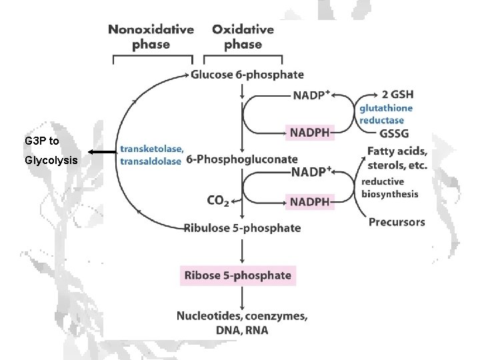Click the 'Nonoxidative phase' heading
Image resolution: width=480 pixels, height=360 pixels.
coord(151,37)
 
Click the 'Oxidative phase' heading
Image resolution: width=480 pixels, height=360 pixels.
coord(243,37)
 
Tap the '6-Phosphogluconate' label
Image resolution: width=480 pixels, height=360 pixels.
coord(242,159)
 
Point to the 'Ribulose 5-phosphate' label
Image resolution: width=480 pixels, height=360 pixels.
coord(243,228)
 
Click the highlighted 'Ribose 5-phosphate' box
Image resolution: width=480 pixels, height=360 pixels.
coord(237,275)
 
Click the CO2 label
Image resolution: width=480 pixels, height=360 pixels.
coord(219,199)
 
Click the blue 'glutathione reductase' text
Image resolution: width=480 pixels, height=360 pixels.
coord(386,114)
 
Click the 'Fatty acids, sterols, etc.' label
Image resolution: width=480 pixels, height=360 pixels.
coord(397,159)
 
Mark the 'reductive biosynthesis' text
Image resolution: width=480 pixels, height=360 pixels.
coord(390,188)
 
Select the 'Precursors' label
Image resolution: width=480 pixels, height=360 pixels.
coord(397,222)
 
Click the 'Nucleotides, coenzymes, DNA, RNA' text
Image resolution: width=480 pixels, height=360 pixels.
coord(242,323)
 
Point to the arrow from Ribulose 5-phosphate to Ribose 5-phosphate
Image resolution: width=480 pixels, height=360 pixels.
coord(242,250)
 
